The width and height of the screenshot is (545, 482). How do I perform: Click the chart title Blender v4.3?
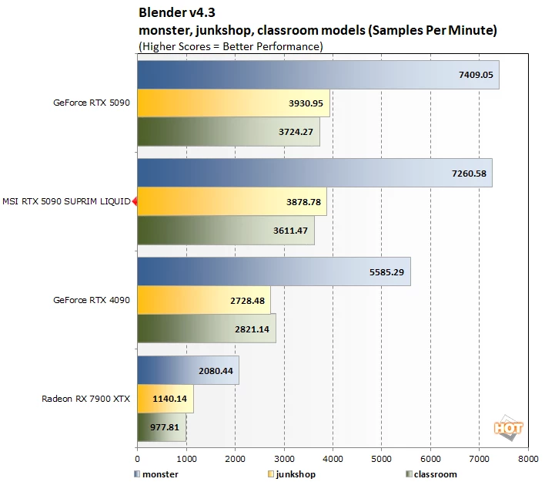coord(177,12)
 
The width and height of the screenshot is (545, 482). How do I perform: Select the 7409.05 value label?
coord(476,75)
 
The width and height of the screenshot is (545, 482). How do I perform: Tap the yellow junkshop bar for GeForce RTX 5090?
coord(233,103)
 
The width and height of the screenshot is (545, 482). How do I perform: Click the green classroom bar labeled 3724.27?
coord(229,132)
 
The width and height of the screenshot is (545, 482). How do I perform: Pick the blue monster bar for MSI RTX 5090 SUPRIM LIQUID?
coord(315,173)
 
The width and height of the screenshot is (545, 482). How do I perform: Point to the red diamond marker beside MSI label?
coord(135,201)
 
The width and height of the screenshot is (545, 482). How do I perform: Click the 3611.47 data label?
coord(290,231)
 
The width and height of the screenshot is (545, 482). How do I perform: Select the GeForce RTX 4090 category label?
coord(92,300)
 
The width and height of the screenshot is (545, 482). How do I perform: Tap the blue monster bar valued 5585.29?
coord(274,271)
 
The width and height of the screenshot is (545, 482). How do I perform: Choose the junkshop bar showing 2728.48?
coord(204,300)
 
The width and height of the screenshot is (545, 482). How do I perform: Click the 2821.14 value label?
coord(252,329)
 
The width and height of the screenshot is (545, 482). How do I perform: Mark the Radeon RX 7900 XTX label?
coord(86,399)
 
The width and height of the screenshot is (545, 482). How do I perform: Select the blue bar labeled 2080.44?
coord(188,370)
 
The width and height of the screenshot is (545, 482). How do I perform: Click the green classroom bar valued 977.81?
coord(162,427)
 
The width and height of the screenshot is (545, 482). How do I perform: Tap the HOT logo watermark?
coord(508,428)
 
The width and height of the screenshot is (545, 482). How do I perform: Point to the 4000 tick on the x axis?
coord(333,459)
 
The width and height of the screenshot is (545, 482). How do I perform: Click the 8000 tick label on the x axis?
coord(528,459)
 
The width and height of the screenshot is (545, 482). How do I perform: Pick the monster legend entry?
coord(156,474)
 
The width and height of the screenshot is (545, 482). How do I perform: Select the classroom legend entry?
coord(431,474)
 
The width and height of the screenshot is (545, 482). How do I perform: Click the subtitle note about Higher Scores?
coord(231,46)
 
